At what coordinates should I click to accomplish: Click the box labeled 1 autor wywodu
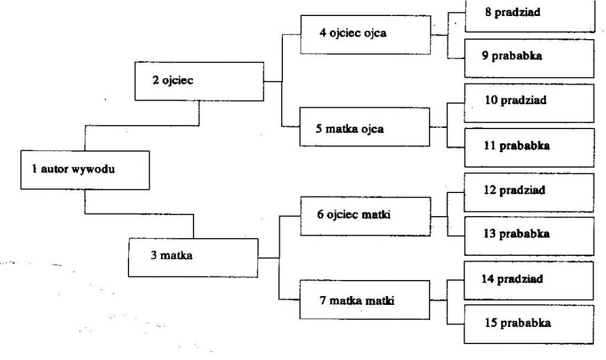[85, 170]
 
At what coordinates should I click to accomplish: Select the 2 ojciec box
[199, 81]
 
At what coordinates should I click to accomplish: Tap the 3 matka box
[194, 258]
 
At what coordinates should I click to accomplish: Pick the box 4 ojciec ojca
[366, 34]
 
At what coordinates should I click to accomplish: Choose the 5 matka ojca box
[365, 127]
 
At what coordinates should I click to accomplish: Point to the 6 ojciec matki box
[366, 216]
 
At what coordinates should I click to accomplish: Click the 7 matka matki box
[365, 300]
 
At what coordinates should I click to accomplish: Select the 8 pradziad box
[530, 16]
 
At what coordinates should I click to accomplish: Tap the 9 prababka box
[530, 58]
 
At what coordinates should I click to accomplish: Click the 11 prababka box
[530, 147]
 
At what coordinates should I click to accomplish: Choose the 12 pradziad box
[529, 192]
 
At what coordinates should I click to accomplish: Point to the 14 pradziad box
[528, 280]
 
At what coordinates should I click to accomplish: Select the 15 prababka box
[528, 324]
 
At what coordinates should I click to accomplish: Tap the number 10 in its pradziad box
[491, 100]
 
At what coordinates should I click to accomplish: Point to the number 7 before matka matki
[323, 300]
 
